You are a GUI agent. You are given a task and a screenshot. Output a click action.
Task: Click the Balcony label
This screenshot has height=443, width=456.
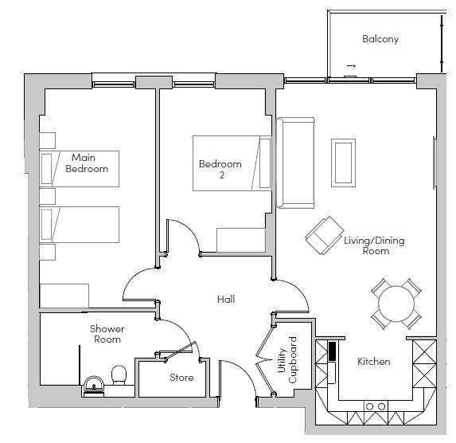click(380, 39)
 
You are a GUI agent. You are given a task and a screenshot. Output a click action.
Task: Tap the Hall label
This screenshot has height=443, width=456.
click(226, 299)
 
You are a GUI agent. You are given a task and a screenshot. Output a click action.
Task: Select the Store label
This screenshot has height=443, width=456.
click(181, 378)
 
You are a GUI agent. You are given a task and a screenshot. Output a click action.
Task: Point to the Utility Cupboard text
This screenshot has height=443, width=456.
click(287, 360)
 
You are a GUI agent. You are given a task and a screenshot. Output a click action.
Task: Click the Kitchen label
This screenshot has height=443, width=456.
click(374, 362)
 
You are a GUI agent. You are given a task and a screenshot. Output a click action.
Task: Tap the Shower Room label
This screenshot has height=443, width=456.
click(107, 334)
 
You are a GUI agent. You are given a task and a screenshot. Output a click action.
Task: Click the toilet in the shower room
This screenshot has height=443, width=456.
click(119, 374)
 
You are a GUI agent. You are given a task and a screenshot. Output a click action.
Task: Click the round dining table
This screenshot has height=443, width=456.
click(396, 304)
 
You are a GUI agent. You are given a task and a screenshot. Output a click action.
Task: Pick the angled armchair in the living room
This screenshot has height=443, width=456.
click(324, 235)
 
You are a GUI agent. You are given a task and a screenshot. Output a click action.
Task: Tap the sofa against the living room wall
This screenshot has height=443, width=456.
click(295, 163)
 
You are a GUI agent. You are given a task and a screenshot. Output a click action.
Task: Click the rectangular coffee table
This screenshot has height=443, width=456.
click(343, 163)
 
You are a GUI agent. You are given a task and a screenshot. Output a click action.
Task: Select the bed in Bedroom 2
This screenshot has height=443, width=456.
click(232, 163)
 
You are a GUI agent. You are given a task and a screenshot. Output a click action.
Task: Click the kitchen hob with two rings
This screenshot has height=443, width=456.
click(376, 406)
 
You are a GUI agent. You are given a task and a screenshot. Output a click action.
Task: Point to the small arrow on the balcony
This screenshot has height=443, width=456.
click(351, 66)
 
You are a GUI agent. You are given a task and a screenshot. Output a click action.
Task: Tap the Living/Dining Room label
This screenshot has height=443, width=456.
click(375, 245)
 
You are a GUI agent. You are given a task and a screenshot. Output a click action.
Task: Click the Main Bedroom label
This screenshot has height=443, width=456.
click(87, 163)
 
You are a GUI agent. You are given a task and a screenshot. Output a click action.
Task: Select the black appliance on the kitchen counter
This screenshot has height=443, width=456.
click(332, 351)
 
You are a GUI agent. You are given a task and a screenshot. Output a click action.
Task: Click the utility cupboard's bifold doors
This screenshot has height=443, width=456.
click(265, 360)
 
